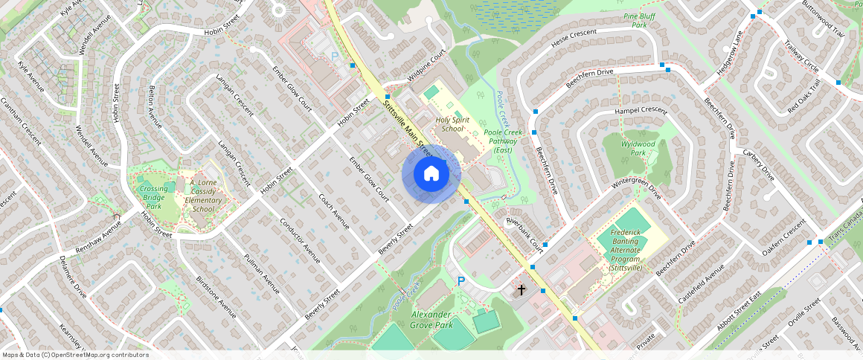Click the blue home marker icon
(x=431, y=174)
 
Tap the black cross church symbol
(x=522, y=289)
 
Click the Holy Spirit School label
(x=452, y=123)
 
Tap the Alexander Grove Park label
(x=442, y=320)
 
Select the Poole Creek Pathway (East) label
(x=504, y=141)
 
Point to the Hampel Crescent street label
(x=641, y=110)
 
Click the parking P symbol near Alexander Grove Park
(x=461, y=281)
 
